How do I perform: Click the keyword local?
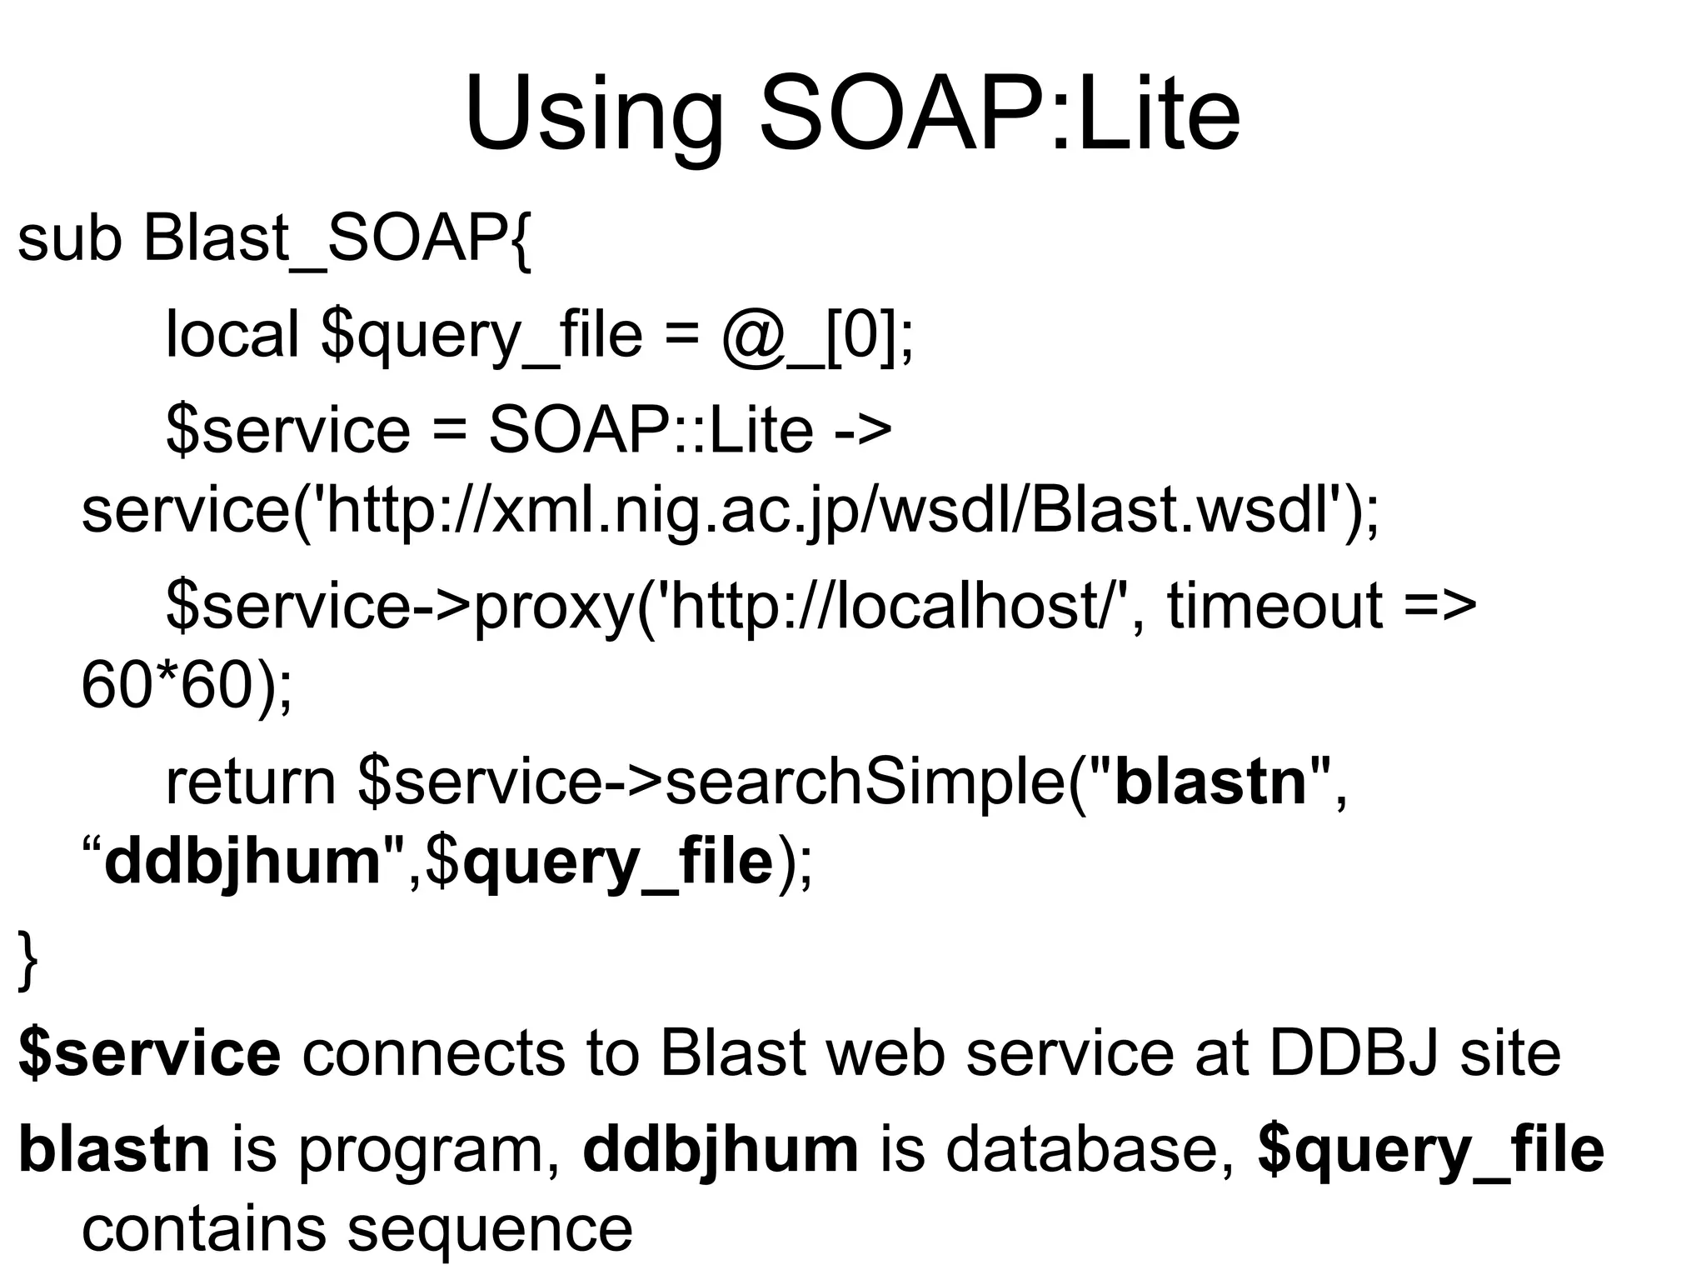coord(232,334)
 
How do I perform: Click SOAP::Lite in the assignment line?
coord(650,429)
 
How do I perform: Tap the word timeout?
coord(1275,605)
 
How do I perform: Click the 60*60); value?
coord(187,686)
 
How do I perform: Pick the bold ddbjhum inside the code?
coord(242,862)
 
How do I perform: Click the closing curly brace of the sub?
coord(27,961)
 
